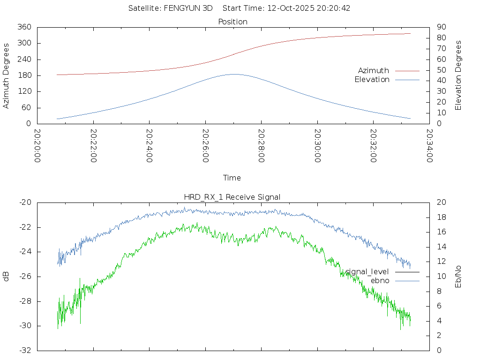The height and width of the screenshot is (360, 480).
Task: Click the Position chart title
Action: click(233, 22)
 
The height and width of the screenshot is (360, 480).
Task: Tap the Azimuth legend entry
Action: click(374, 71)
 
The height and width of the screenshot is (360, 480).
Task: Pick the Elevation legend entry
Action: click(372, 80)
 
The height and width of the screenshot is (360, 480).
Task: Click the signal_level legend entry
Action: click(367, 272)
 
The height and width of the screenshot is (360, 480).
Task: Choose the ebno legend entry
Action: click(380, 281)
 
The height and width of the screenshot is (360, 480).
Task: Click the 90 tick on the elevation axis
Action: click(441, 27)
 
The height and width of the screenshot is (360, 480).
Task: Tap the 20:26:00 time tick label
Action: click(205, 146)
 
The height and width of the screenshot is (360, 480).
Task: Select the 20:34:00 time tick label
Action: click(429, 146)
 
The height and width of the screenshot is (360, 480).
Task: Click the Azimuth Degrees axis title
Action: click(6, 75)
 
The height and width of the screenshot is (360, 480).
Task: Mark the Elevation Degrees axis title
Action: click(458, 75)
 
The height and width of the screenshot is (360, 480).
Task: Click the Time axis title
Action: click(232, 178)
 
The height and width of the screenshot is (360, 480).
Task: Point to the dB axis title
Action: click(6, 276)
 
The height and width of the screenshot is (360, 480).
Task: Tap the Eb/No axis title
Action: click(458, 276)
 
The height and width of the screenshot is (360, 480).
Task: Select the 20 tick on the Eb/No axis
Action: click(441, 202)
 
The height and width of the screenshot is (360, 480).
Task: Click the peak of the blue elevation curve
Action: click(233, 74)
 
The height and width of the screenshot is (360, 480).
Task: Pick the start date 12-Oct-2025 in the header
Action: click(288, 8)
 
